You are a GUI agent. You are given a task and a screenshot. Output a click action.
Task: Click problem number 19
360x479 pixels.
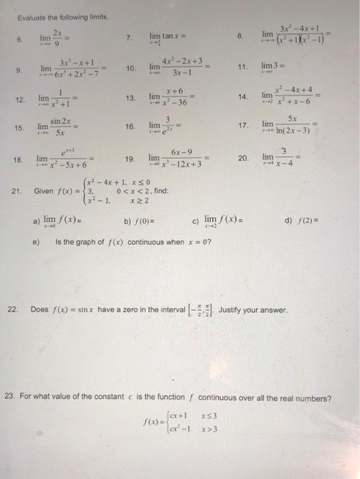point(130,159)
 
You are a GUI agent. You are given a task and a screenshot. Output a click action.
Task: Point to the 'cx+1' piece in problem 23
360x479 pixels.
point(170,417)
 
